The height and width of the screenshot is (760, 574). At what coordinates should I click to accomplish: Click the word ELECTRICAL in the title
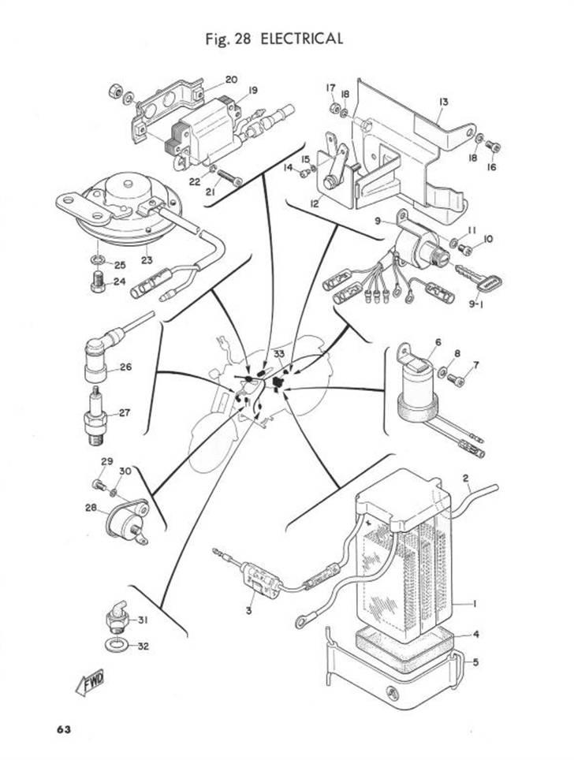[x=301, y=39]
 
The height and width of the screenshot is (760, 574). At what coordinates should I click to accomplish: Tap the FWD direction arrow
[x=90, y=682]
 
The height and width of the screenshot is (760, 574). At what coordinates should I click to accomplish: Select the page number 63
[x=63, y=729]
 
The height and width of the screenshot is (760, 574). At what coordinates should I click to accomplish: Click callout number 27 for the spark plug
[x=125, y=413]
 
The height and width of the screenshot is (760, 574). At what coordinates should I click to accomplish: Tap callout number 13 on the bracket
[x=444, y=102]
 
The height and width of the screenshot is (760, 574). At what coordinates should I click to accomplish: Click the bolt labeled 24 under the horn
[x=98, y=282]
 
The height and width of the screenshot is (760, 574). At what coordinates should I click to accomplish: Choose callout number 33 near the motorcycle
[x=279, y=354]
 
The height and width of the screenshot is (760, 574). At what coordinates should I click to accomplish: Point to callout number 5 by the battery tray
[x=475, y=661]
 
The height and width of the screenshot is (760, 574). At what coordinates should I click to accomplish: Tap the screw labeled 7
[x=457, y=381]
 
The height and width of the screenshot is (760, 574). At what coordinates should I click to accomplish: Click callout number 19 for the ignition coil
[x=252, y=90]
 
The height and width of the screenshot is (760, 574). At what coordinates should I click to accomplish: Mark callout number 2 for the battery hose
[x=465, y=478]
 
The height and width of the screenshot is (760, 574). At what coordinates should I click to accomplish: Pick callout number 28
[x=91, y=508]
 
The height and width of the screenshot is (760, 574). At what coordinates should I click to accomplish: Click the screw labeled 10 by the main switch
[x=465, y=249]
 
